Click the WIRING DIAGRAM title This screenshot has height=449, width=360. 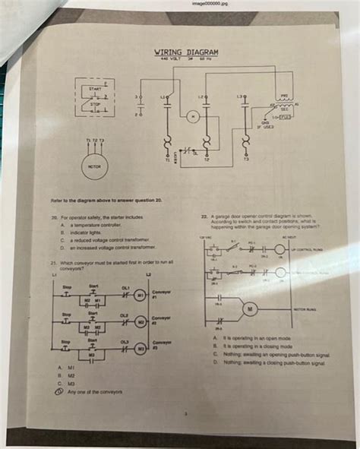pyautogui.click(x=186, y=52)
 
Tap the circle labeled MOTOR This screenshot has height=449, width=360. pyautogui.click(x=94, y=167)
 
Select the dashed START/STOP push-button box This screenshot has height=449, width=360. pyautogui.click(x=96, y=99)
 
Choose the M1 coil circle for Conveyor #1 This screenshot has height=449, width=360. pyautogui.click(x=140, y=295)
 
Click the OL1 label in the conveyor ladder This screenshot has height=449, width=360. pyautogui.click(x=126, y=287)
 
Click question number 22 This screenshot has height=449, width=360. pyautogui.click(x=204, y=216)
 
